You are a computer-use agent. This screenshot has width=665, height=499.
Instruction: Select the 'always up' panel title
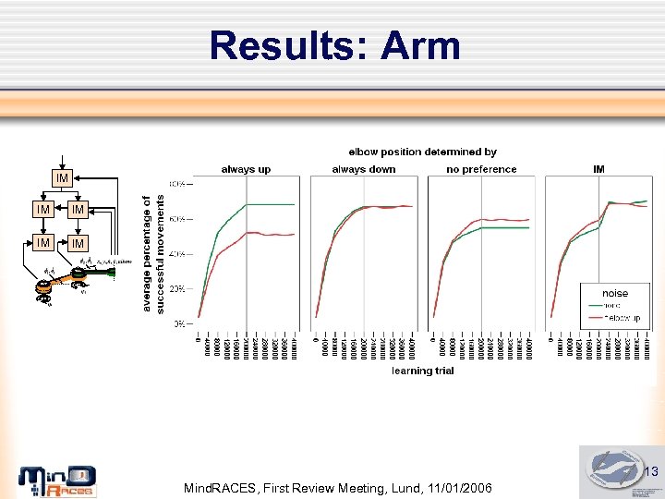coord(246,169)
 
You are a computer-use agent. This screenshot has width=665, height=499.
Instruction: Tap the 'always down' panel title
coord(363,169)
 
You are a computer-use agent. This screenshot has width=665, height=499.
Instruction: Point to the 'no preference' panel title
coord(481,169)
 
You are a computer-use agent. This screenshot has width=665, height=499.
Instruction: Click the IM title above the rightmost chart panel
coord(598,169)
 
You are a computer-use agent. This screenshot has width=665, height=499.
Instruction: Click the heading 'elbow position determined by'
coord(422,152)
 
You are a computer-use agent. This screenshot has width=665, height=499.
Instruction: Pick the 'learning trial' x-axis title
coord(423,371)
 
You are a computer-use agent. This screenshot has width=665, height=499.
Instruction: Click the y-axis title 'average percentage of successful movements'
coord(153,251)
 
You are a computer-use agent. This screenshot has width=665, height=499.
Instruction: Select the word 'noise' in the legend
coord(615,293)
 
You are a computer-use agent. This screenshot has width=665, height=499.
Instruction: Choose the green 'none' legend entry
coord(617,306)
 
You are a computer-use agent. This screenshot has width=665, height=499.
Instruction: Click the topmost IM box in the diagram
coord(61,177)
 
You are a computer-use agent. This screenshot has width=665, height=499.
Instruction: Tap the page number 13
coord(650,473)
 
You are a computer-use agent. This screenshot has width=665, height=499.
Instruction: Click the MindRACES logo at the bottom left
coord(57,481)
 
